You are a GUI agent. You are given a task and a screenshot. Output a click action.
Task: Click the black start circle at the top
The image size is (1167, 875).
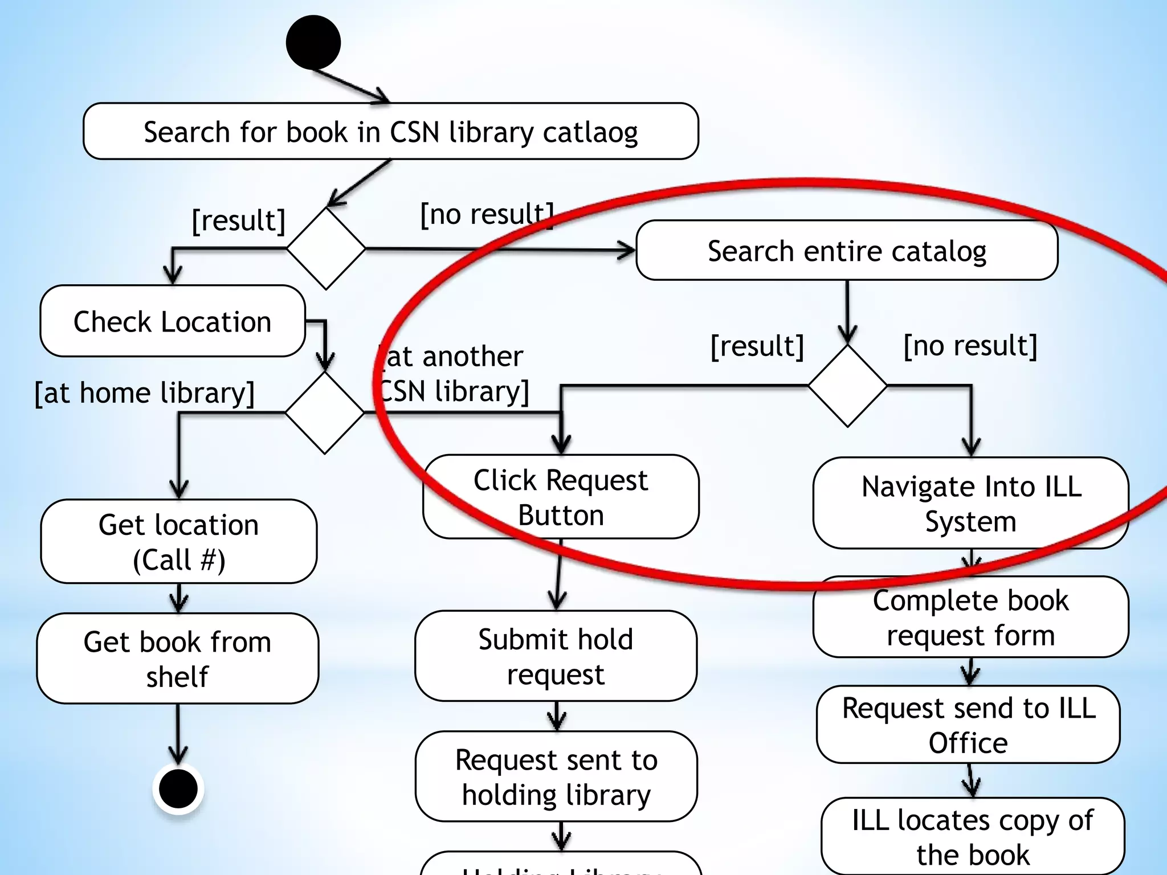pos(313,43)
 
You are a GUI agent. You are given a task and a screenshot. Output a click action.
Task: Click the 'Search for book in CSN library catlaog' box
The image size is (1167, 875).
pos(390,132)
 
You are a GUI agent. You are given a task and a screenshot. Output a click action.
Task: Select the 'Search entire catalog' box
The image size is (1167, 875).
pos(847,251)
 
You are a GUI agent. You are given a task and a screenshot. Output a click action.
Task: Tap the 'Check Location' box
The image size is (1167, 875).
pos(172,321)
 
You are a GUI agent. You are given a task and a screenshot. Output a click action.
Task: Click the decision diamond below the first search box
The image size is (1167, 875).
pos(325,248)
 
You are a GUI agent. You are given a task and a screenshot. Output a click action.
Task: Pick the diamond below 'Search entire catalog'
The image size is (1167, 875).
pos(847,386)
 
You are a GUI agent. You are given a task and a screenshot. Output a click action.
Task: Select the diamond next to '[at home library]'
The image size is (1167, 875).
pos(324,412)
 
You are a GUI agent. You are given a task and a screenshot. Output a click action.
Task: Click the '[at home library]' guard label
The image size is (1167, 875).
pos(145,392)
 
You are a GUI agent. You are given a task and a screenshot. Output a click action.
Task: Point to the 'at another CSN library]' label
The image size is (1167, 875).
pos(454,374)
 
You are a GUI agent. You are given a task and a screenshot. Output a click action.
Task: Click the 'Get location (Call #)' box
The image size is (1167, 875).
pos(178,541)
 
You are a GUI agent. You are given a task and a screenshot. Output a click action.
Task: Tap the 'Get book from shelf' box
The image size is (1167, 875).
pos(177,659)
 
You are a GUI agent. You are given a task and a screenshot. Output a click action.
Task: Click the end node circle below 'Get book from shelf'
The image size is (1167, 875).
pos(178,789)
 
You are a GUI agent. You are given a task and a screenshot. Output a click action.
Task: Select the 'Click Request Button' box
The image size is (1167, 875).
pos(561,497)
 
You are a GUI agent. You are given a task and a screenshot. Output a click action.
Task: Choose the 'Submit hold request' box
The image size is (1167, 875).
pos(556,656)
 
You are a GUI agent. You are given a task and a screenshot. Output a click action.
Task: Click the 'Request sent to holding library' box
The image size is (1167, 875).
pos(556,776)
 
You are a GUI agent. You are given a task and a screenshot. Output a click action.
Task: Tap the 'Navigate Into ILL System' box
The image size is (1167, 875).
pos(970,503)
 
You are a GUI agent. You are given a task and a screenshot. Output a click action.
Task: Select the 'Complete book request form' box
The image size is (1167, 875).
pos(970,618)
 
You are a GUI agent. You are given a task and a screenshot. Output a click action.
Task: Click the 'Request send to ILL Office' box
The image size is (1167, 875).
pos(968,725)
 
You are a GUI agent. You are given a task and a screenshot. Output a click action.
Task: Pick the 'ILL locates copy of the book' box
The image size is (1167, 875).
pos(972,836)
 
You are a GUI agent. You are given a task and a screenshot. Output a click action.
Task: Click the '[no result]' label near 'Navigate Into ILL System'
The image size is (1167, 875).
pos(970,345)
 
